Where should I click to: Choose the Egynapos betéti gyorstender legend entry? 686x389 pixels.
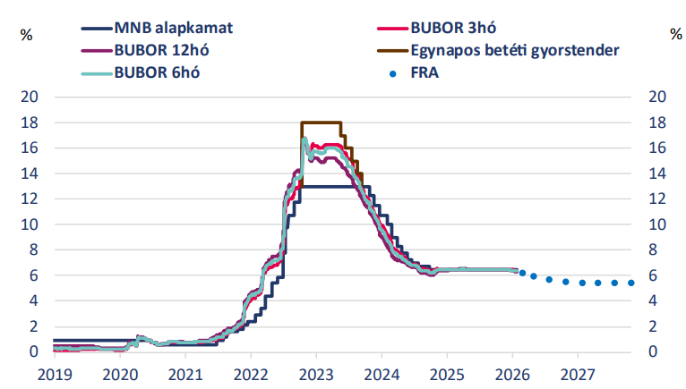pos(515,50)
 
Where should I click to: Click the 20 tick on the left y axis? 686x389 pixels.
pos(30,97)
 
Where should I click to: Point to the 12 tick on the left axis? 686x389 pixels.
pos(30,199)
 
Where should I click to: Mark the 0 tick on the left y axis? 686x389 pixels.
pos(35,352)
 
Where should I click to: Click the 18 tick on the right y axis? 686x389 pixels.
pos(656,123)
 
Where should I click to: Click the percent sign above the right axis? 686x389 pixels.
pos(675,35)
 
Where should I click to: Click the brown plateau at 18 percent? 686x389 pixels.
pos(322,122)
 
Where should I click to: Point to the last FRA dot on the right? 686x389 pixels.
pos(631,283)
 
